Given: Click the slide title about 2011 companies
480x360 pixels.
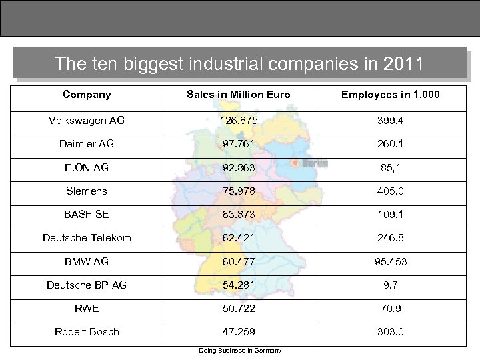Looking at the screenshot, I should click(x=239, y=64).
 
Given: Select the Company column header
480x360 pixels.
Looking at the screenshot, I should click(x=87, y=95).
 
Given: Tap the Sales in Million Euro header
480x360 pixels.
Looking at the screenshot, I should click(x=239, y=95).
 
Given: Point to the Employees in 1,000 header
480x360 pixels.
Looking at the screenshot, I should click(x=390, y=95).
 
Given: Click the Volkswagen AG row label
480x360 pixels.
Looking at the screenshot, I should click(x=87, y=121).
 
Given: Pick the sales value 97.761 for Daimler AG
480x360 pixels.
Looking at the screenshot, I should click(x=239, y=144).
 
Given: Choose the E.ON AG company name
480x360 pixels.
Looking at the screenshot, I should click(x=87, y=167).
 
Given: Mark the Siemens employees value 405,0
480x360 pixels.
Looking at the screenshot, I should click(x=390, y=191).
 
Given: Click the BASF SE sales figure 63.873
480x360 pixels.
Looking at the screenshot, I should click(x=239, y=215).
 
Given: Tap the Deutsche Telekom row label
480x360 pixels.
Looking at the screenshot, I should click(x=87, y=238).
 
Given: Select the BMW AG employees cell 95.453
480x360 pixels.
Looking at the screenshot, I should click(x=390, y=261).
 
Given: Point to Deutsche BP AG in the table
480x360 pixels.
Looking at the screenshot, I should click(x=87, y=285).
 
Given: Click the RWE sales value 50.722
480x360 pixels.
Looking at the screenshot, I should click(x=239, y=308).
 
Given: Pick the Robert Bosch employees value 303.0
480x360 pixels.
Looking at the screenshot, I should click(x=390, y=331).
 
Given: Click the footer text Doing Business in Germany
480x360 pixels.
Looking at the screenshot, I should click(x=239, y=351).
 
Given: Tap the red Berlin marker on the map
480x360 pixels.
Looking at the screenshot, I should click(x=295, y=162).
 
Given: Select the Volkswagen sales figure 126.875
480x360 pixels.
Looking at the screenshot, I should click(x=239, y=121).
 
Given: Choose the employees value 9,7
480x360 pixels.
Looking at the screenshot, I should click(x=390, y=285).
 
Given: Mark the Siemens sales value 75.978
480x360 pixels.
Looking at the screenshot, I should click(x=239, y=191).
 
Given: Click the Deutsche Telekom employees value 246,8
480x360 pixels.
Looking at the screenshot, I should click(x=390, y=238).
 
